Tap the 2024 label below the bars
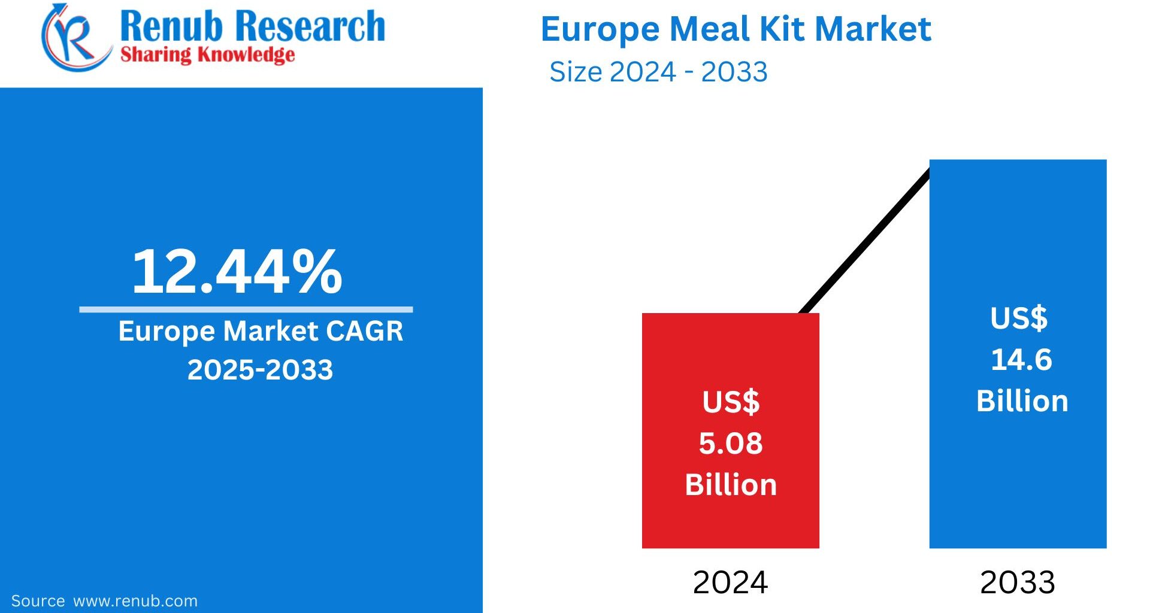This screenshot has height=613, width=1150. tap(730, 582)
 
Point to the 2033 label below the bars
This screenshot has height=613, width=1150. tap(1017, 582)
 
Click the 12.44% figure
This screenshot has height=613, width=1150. tap(237, 272)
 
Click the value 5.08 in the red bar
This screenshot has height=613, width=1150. tap(731, 444)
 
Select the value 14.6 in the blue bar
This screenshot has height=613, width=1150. tap(1021, 360)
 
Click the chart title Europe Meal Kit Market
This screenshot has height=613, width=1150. tap(736, 29)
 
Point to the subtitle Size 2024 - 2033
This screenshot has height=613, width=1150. tap(658, 72)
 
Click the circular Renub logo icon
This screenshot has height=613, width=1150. tap(73, 37)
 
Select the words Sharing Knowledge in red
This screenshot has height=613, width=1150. tap(207, 55)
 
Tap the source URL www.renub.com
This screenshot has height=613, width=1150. tap(135, 601)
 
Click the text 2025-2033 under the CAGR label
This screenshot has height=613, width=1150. tap(260, 370)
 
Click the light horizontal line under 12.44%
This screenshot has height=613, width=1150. tap(246, 309)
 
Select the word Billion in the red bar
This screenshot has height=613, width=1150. tap(731, 485)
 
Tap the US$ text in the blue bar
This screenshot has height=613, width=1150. tap(1019, 318)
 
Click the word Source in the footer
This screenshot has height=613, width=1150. tap(38, 601)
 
